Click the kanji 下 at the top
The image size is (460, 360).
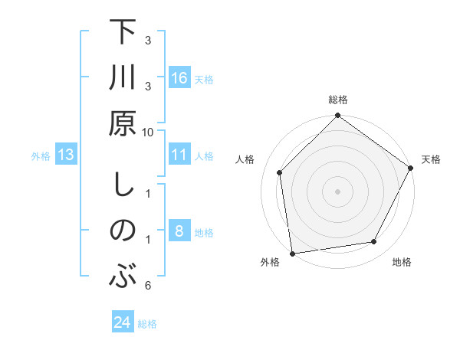click(123, 34)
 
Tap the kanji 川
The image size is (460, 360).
click(123, 80)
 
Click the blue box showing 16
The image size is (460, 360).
click(179, 77)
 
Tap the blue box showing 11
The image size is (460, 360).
click(179, 155)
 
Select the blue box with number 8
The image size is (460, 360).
click(179, 231)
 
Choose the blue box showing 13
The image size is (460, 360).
click(67, 155)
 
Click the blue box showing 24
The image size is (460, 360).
click(123, 322)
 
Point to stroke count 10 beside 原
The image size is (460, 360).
click(148, 133)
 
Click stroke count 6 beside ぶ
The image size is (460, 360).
click(148, 286)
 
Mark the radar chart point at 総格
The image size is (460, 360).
click(337, 116)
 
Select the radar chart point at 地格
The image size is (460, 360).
click(374, 241)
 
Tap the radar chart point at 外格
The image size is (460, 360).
click(292, 253)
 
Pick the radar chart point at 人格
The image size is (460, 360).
click(280, 172)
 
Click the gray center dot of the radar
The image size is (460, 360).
click(337, 191)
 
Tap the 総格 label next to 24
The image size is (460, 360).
click(147, 324)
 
